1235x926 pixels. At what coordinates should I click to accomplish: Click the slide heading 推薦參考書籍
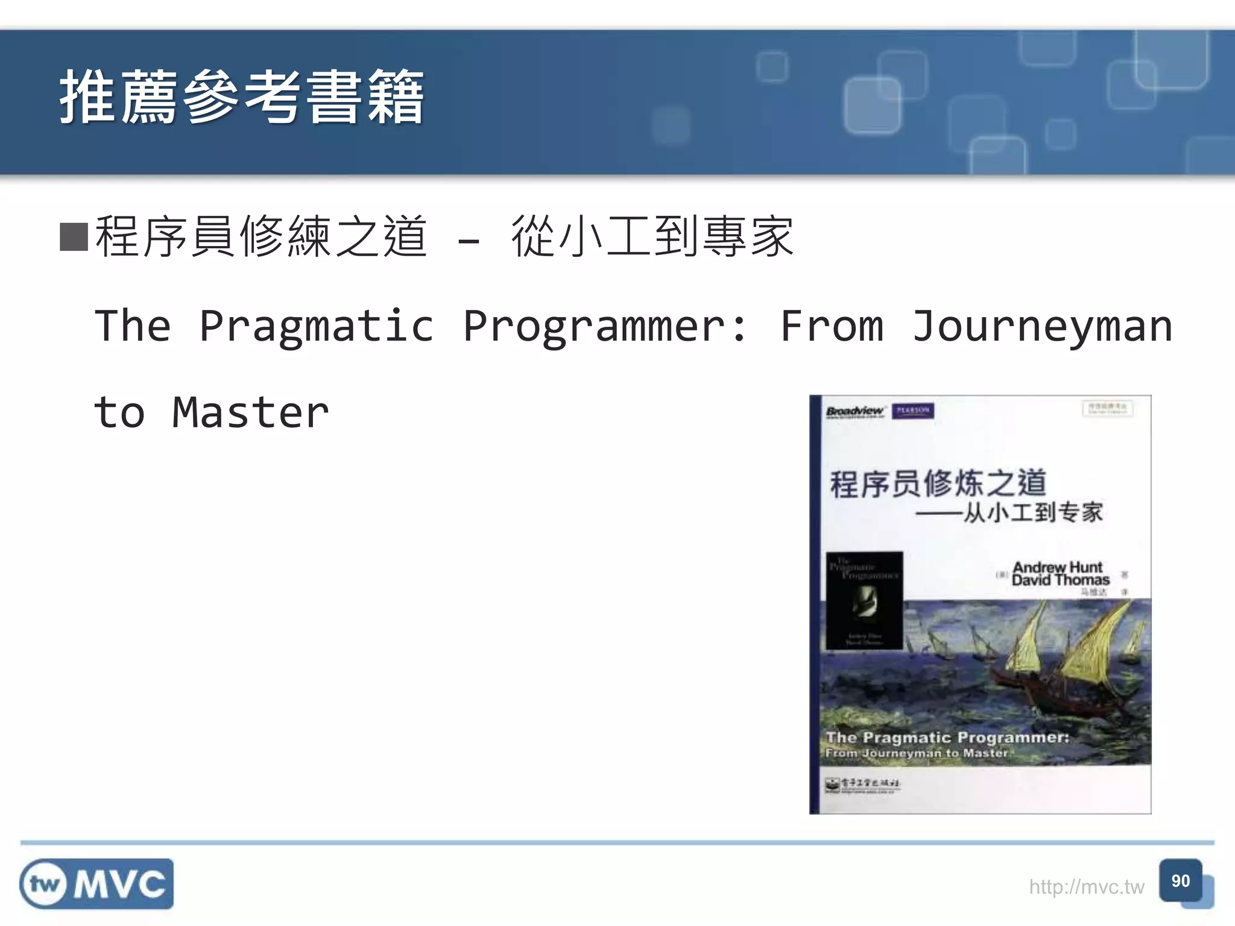(241, 96)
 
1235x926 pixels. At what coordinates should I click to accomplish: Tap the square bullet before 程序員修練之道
(74, 237)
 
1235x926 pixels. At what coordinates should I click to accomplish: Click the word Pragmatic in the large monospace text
(316, 326)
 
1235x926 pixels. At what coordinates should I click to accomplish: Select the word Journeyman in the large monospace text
(1042, 326)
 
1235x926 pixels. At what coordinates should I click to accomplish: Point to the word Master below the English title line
(250, 413)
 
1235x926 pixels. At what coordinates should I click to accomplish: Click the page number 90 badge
(1180, 881)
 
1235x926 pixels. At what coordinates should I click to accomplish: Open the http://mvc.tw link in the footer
(1086, 887)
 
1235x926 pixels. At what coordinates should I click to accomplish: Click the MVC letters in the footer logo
(119, 884)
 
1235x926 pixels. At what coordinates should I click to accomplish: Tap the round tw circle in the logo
(45, 884)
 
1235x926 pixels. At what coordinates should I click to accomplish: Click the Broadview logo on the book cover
(854, 411)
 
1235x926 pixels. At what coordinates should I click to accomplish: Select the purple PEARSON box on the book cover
(912, 411)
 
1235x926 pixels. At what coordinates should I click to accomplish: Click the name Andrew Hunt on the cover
(1057, 567)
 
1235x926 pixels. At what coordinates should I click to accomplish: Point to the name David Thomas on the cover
(1060, 580)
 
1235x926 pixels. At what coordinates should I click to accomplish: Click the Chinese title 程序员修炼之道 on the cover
(937, 483)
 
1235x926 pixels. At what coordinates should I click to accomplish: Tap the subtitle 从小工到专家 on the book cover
(1032, 512)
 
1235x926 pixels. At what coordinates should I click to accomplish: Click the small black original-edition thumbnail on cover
(864, 600)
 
